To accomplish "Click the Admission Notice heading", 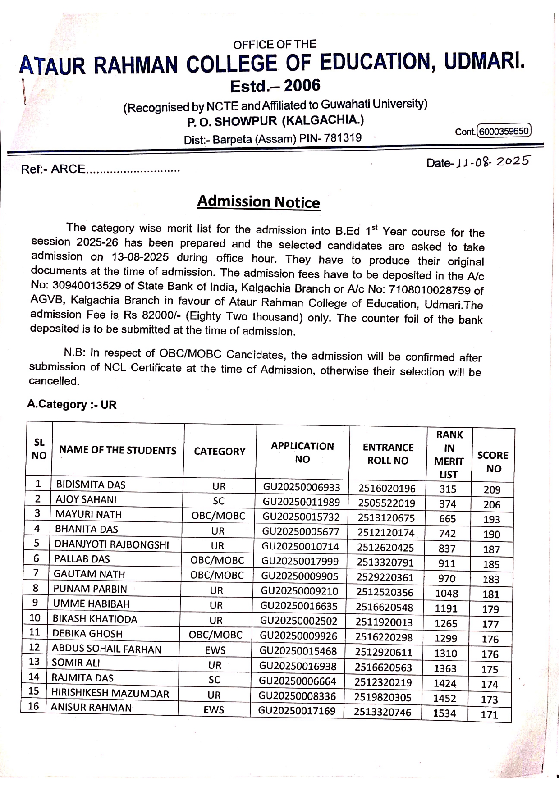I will [x=258, y=201].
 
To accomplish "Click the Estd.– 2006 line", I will [x=275, y=85].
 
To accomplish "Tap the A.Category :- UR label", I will [x=72, y=404].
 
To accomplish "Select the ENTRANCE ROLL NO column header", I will [x=388, y=454].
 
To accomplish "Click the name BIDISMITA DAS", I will [x=91, y=485].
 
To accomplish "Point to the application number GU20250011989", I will [x=301, y=502].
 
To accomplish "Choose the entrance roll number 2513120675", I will [x=386, y=518].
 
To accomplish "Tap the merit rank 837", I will [x=447, y=549].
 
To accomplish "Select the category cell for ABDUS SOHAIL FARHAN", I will [x=215, y=650].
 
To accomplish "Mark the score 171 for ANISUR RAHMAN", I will [x=489, y=714].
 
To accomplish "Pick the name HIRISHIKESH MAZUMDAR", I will [x=110, y=693].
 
